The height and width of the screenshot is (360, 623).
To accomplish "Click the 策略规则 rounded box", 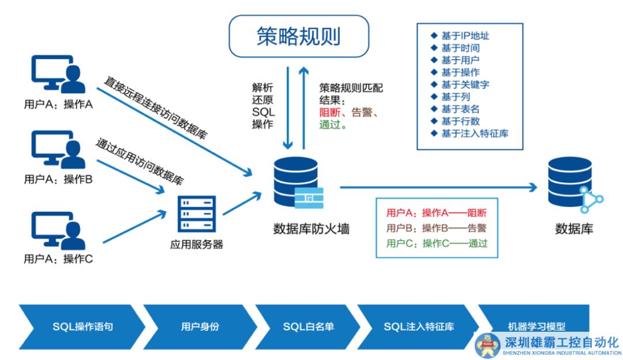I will [299, 36].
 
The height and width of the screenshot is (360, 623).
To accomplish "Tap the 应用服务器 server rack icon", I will [197, 213].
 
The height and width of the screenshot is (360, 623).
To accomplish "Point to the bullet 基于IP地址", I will [464, 36].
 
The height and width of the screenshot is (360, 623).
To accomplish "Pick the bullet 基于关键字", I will [464, 84].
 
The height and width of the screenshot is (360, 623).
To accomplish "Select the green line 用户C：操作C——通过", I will [437, 243].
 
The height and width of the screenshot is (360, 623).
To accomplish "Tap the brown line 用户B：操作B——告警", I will [437, 227].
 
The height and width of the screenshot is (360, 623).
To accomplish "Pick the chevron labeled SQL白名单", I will [308, 327].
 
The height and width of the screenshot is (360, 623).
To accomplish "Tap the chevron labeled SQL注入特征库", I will [418, 327].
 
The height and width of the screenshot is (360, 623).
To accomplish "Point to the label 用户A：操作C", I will [58, 259].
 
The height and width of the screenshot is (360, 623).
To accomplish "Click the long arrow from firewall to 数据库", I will [438, 187].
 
